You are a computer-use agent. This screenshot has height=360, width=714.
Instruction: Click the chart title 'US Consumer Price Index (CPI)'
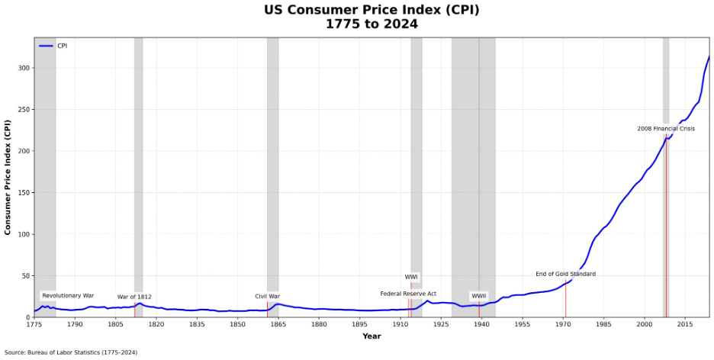pos(371,10)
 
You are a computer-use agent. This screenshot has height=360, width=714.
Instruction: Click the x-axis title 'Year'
pos(371,336)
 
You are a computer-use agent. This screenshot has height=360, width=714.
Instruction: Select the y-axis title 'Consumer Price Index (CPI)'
pos(8,177)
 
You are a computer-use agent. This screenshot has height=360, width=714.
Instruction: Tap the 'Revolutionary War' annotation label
pos(68,295)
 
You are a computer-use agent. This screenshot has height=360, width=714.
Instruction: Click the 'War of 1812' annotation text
pos(134,297)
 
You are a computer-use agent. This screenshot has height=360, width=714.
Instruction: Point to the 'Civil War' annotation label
pos(267,296)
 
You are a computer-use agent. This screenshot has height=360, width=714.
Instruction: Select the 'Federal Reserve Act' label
pos(408,294)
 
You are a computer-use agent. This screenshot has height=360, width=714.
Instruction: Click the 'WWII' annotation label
pos(478,296)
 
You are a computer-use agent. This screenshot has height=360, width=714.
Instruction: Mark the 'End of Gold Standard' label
pos(565,274)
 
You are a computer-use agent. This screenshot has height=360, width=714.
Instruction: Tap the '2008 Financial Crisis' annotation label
pos(666,129)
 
